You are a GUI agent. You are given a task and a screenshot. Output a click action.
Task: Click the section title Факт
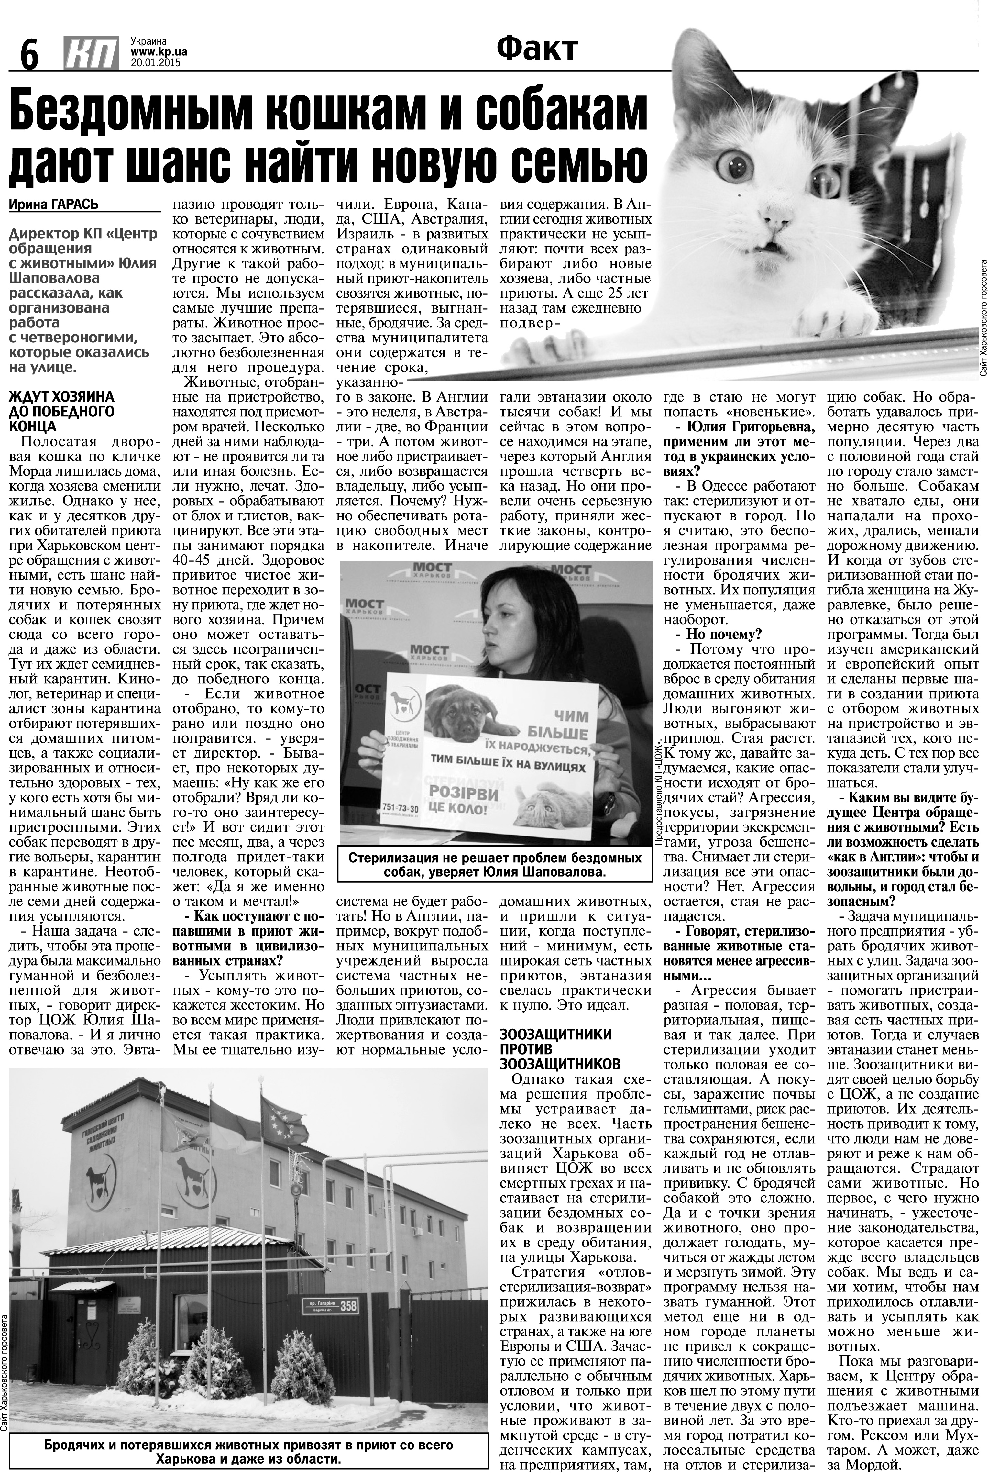(x=537, y=49)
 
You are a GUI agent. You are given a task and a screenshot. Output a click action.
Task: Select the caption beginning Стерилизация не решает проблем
(x=495, y=865)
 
